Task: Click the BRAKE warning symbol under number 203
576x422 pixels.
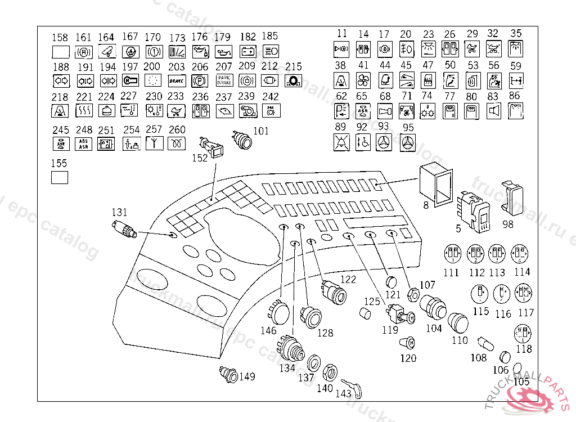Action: [177, 80]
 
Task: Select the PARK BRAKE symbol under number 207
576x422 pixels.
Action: [224, 80]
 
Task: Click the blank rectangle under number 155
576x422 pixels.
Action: [60, 178]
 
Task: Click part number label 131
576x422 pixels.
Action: [119, 212]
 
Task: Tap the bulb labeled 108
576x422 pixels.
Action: [483, 342]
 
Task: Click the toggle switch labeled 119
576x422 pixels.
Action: [398, 313]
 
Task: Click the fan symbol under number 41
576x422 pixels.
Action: [363, 80]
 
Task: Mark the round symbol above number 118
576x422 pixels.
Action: [523, 334]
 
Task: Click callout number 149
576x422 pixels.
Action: [247, 376]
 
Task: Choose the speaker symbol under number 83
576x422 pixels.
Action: [493, 111]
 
